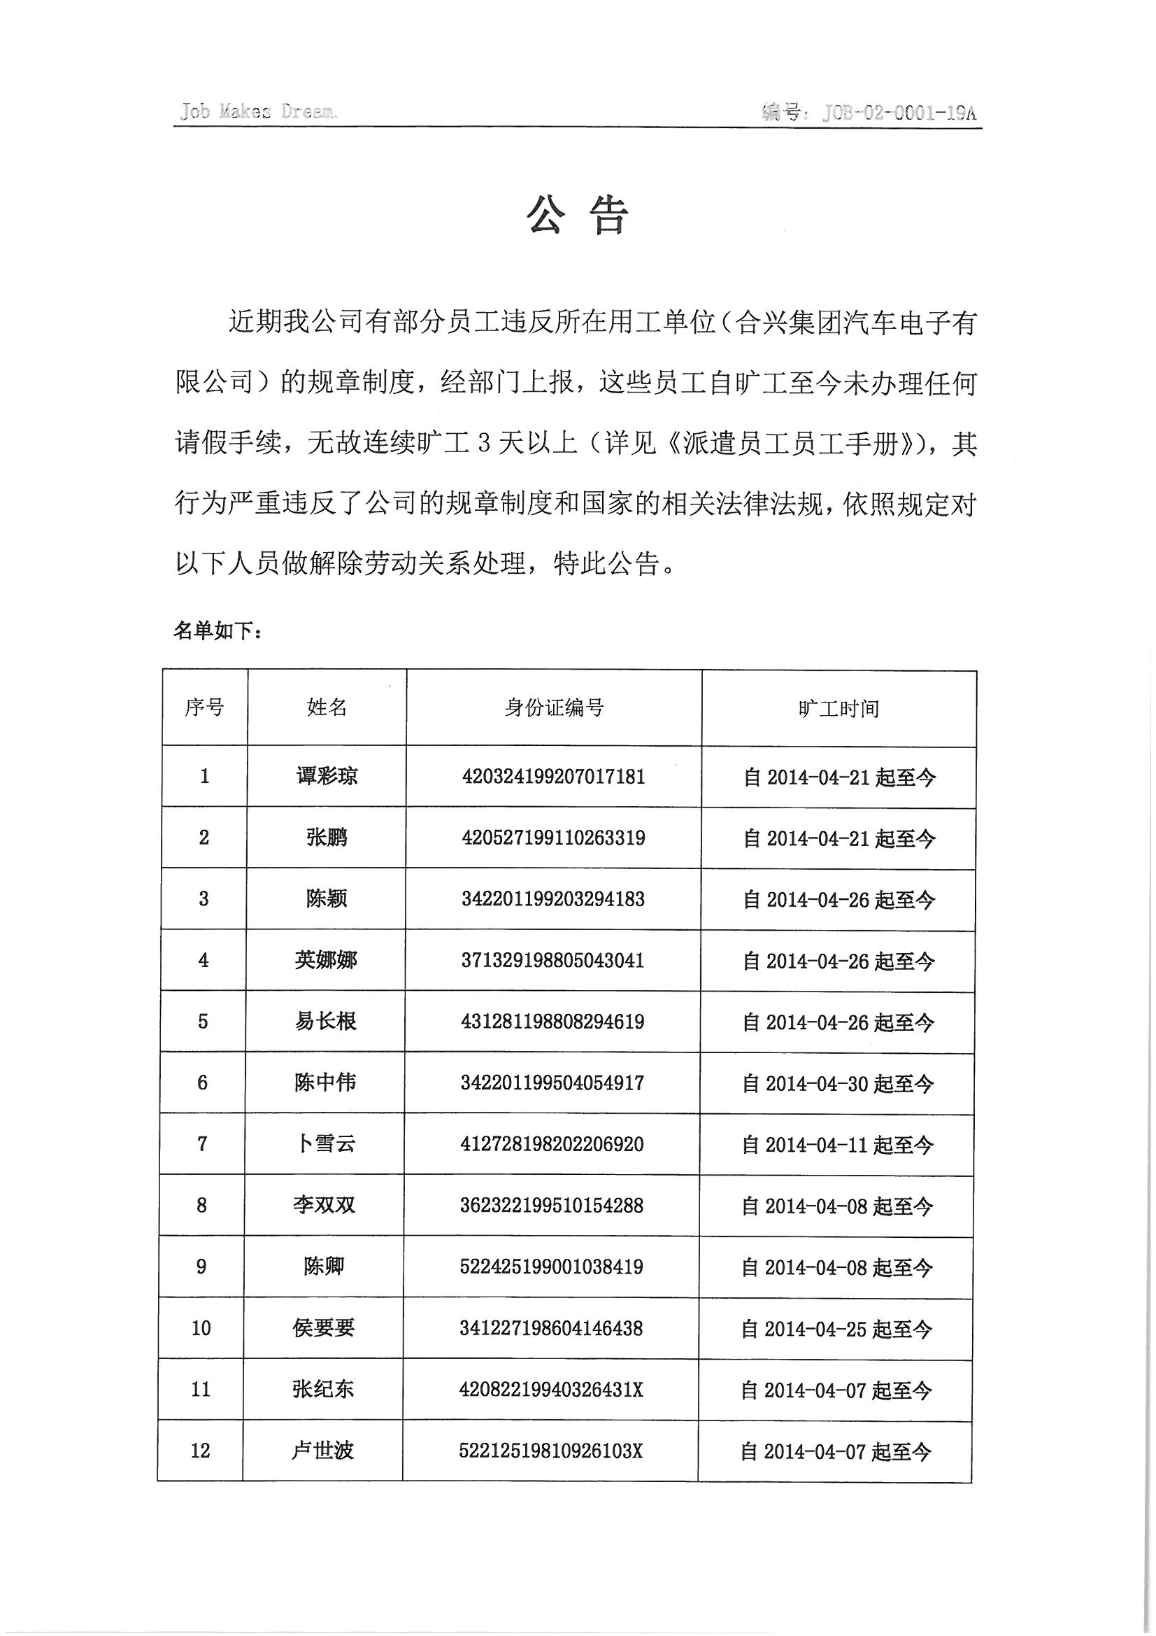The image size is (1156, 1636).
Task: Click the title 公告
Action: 577,215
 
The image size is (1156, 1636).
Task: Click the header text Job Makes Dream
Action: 258,112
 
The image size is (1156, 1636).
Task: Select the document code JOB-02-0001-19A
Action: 898,113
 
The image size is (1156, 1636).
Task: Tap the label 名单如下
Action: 218,630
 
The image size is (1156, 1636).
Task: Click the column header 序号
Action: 204,707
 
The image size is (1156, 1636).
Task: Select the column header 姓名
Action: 327,707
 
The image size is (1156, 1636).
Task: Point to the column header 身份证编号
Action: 554,707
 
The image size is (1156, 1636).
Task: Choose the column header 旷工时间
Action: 839,709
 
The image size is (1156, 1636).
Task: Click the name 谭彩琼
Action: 327,776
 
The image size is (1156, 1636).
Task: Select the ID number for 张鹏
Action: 553,837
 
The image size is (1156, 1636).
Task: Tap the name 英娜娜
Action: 326,960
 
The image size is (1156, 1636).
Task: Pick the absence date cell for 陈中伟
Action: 838,1084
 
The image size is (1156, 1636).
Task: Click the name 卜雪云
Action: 325,1144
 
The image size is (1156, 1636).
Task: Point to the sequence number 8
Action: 201,1206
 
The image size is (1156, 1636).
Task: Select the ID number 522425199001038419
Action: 552,1267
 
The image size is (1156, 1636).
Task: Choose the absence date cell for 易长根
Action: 839,1022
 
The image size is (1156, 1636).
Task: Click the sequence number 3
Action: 204,898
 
